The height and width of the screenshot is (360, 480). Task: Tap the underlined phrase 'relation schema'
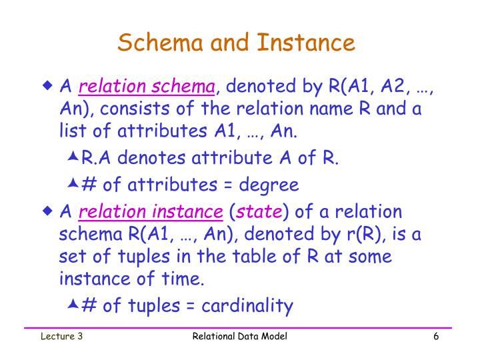point(147,87)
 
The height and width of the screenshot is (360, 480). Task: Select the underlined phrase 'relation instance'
point(151,213)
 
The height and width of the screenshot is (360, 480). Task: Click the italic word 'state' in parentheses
point(260,213)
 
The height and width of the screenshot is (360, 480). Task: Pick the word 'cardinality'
point(247,306)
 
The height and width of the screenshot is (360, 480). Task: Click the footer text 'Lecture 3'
point(60,337)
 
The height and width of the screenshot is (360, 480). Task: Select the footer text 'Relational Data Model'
point(239,337)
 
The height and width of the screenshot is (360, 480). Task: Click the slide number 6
point(435,337)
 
